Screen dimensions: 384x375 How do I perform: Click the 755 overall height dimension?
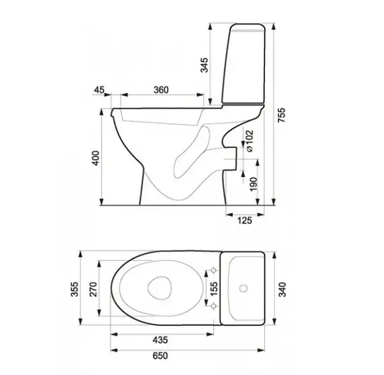coord(282,115)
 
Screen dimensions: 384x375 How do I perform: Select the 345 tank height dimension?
coord(204,65)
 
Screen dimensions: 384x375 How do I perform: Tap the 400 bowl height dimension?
coord(96,158)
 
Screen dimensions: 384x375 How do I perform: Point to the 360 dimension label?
coord(161,90)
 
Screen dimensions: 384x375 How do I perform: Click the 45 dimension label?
coord(99,90)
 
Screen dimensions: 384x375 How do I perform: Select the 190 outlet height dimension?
coord(253,184)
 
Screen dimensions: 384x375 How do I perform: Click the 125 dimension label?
coord(244,221)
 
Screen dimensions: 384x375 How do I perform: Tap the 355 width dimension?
coord(74,289)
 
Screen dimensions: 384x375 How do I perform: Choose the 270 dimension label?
coord(93,289)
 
